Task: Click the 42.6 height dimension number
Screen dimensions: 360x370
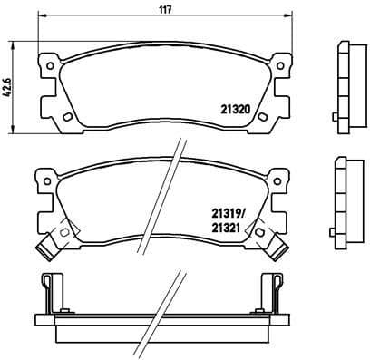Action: click(7, 91)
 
